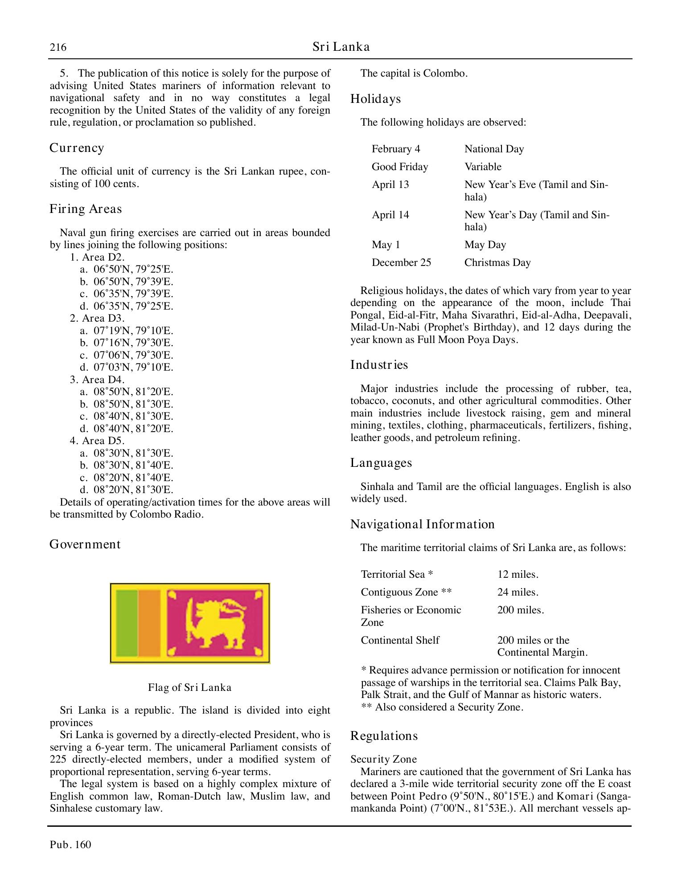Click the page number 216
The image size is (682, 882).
[x=58, y=47]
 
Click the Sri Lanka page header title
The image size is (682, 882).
[x=341, y=47]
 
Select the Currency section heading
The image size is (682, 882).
[x=77, y=148]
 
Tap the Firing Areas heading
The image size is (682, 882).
[x=86, y=209]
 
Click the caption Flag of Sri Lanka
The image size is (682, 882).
[x=190, y=687]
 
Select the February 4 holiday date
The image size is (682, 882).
[x=396, y=149]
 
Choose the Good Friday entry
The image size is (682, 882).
[x=400, y=167]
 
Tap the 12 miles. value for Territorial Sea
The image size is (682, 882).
[x=518, y=574]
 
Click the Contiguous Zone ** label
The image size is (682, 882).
[x=406, y=592]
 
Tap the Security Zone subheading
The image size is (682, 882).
[x=383, y=759]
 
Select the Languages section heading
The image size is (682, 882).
[x=381, y=463]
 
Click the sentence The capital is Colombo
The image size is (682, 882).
[x=414, y=73]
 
